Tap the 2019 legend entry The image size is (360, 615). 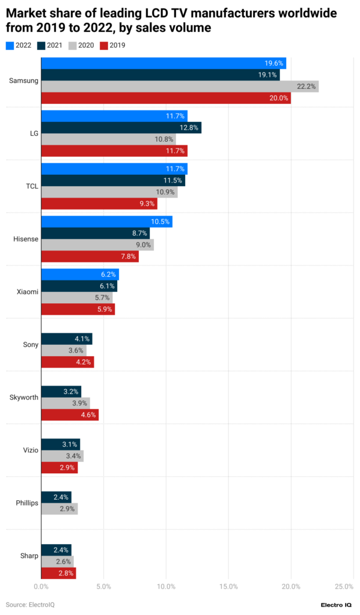(112, 45)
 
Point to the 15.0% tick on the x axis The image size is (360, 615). (228, 586)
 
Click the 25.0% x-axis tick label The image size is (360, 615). (344, 586)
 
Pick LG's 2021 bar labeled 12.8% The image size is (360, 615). (121, 127)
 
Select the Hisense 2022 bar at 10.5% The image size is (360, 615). (106, 222)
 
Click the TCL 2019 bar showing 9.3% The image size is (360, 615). (99, 204)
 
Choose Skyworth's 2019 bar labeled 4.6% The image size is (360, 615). (69, 415)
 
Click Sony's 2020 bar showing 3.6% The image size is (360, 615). (63, 350)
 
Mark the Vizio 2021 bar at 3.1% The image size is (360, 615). (60, 444)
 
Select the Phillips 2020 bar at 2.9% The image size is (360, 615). (59, 509)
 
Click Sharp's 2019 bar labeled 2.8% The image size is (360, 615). (58, 573)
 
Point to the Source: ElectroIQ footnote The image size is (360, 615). (28, 604)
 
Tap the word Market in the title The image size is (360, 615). (25, 13)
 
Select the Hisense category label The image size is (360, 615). (26, 239)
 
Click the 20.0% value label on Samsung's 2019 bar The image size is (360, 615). (279, 98)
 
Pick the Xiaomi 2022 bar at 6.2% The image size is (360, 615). (79, 274)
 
